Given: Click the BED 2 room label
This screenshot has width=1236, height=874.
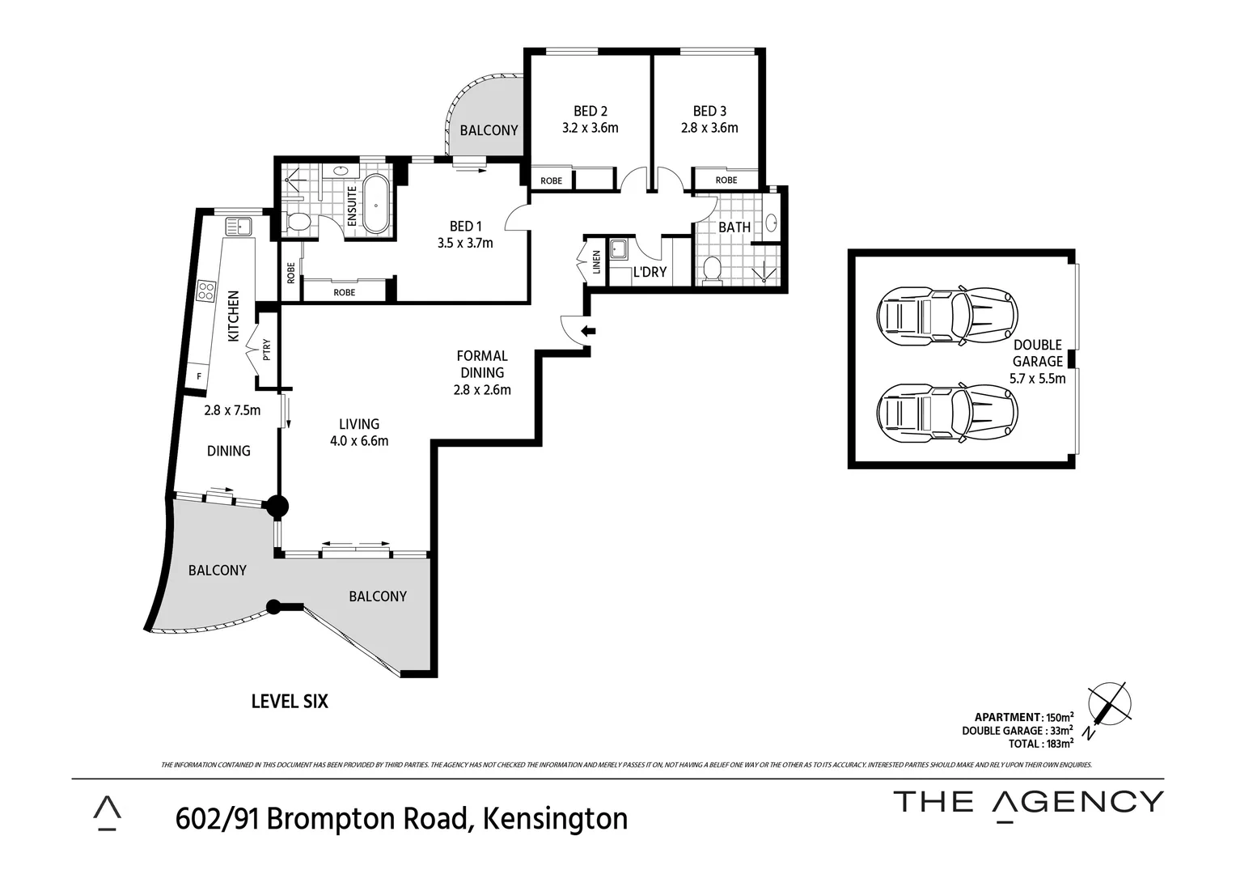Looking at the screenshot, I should point(590,111).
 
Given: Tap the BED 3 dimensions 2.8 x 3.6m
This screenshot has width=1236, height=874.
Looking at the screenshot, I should point(709,128).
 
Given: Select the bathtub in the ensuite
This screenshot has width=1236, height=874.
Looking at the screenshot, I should point(376,204).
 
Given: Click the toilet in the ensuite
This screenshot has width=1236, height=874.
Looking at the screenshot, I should point(298,221).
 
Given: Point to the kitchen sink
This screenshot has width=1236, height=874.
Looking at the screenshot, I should point(239,224).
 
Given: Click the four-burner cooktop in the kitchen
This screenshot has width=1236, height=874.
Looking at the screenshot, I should point(205,291).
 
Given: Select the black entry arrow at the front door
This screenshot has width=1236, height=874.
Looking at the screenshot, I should point(590,330).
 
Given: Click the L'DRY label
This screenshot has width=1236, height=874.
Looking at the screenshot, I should point(650,272).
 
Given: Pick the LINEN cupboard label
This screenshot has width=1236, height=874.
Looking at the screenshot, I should point(597,261).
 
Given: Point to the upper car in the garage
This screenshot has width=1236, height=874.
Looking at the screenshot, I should point(946,314).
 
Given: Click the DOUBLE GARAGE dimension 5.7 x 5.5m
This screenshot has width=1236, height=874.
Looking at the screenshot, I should point(1037,378).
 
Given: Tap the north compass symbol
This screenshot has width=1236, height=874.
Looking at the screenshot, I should point(1107,706).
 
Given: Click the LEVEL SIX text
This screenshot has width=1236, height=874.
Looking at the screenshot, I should point(290,701).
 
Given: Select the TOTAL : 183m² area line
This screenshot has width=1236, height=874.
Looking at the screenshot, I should point(1040,743).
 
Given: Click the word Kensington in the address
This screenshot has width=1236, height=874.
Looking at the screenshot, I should point(555,818).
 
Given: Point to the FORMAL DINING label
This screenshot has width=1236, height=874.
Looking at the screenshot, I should point(482,364).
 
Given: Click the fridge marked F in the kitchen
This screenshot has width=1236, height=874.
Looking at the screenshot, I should point(198,376).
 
